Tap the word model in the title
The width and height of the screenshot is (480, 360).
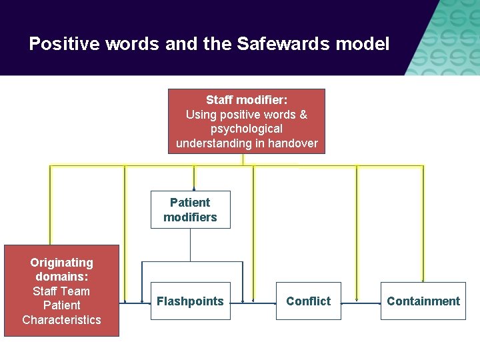coord(366,45)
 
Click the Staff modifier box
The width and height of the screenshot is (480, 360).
coord(246,121)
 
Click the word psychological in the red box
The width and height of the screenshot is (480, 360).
coord(247,129)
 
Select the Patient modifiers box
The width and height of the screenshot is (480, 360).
coord(190,210)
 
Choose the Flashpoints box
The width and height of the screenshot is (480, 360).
coord(190,301)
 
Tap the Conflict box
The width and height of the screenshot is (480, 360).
coord(308,301)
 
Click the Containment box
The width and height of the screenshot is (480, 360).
coord(423,301)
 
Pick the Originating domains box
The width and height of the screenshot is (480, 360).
coord(61,291)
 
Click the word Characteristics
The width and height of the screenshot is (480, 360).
coord(61,320)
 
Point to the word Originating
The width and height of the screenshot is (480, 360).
coord(61,263)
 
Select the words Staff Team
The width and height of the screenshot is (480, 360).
coord(61,291)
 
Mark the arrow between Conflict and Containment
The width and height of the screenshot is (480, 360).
coord(360,302)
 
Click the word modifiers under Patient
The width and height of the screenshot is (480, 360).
coord(190,217)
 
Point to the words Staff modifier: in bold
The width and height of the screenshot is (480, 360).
coord(247,100)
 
